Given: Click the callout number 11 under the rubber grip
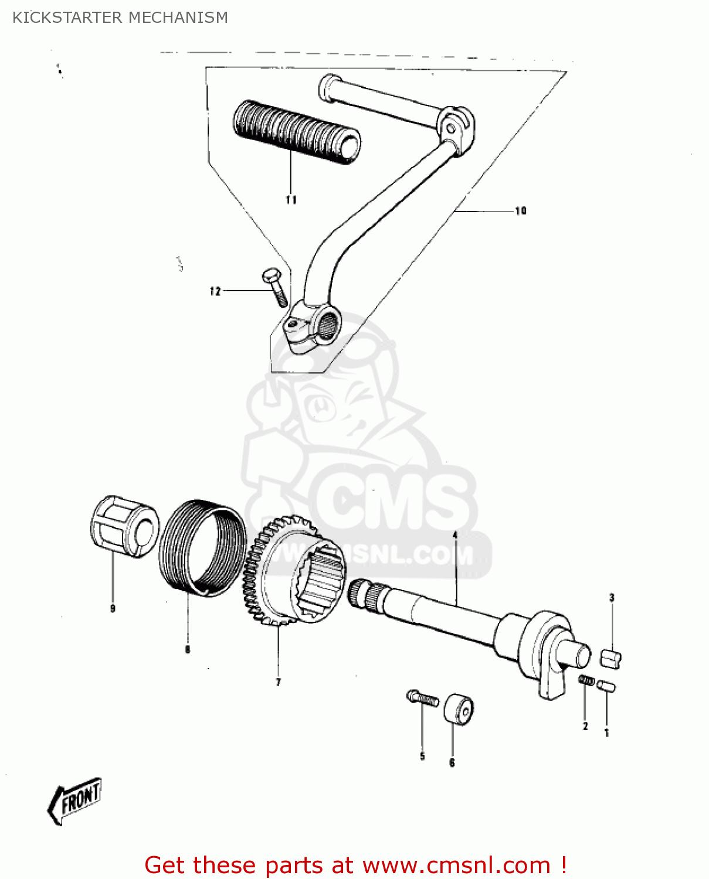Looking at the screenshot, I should coord(291,200).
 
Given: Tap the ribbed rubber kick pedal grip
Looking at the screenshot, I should coord(296,132).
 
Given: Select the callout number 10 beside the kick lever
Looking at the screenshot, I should coord(520,210).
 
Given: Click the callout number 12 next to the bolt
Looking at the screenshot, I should coord(215,291).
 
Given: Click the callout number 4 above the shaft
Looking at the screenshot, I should coord(454,535).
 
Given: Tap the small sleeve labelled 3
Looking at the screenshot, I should coord(610,658).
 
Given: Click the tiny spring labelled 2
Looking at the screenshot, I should coord(586,680).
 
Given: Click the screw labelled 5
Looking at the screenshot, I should coord(422,698).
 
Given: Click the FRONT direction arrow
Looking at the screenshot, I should coord(75,800).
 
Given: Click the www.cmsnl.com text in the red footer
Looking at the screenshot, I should coord(456,865).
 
